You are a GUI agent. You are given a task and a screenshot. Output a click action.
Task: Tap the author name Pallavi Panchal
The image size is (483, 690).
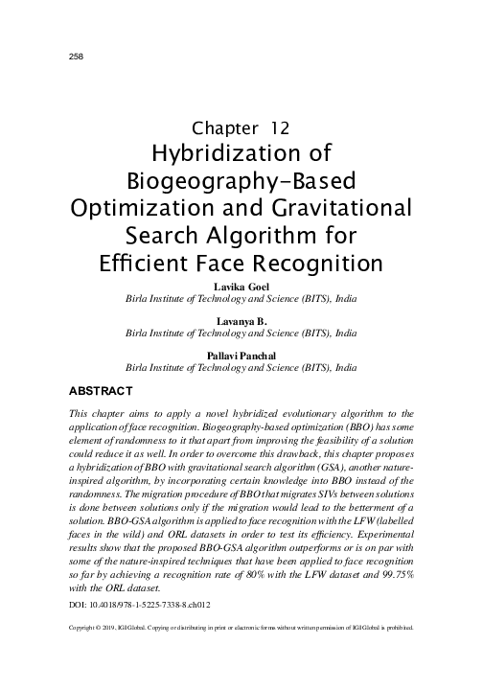pyautogui.click(x=241, y=355)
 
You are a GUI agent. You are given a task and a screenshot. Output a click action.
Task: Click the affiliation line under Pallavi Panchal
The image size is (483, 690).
pyautogui.click(x=241, y=367)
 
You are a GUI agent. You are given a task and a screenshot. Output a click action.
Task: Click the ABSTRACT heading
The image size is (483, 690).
pyautogui.click(x=104, y=391)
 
